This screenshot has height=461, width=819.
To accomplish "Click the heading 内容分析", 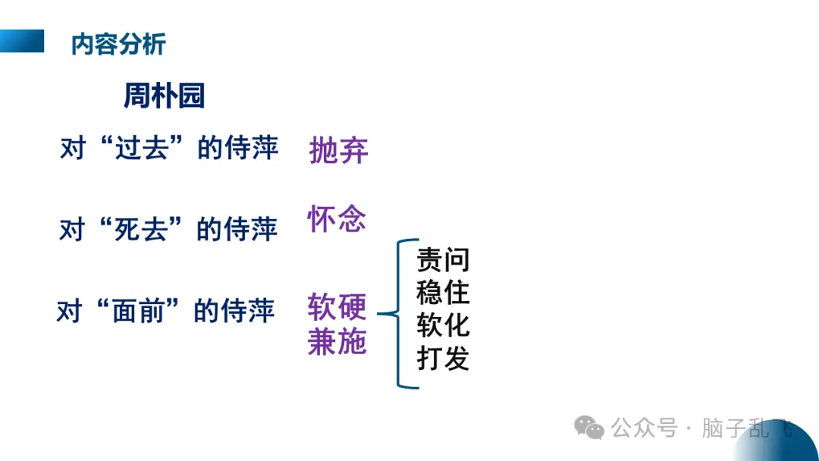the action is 118,44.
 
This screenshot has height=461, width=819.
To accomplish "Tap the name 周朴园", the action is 164,96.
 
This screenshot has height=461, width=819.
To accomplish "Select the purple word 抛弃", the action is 338,151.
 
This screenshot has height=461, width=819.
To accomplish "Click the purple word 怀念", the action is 337,219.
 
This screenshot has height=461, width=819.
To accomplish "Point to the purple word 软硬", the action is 337,307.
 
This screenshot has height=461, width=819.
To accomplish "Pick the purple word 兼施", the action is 337,342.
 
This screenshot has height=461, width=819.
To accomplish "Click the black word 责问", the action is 443,260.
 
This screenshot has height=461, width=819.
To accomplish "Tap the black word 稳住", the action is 443,293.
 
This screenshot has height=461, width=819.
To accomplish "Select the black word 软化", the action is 443,325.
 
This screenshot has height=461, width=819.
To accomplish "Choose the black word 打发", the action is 443,358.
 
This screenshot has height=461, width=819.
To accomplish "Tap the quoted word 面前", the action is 140,311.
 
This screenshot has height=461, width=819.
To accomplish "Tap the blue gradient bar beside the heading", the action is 22,41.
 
